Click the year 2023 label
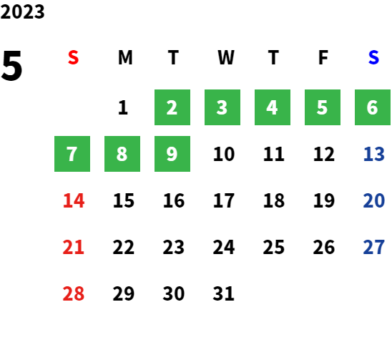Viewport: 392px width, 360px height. tap(22, 11)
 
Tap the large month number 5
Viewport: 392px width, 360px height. tap(11, 66)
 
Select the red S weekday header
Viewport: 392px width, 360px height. tap(73, 57)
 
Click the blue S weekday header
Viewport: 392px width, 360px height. tap(373, 57)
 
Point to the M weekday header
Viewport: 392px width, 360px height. tap(125, 57)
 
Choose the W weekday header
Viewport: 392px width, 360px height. tap(226, 57)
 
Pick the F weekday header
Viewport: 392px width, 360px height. tap(323, 57)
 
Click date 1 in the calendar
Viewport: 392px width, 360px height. tap(123, 107)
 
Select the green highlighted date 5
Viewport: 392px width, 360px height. tap(323, 107)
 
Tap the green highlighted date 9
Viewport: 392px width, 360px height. tap(172, 154)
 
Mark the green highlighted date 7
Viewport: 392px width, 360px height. tap(72, 154)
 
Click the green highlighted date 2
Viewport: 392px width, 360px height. tap(172, 107)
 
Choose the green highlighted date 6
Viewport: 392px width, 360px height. tap(373, 107)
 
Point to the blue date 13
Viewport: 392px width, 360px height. tap(373, 154)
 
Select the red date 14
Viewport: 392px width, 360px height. tap(74, 200)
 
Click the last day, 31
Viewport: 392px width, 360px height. tap(223, 293)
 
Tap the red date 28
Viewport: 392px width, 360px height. tap(73, 293)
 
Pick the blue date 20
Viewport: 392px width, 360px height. tap(373, 200)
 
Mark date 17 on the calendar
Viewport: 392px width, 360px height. tap(224, 200)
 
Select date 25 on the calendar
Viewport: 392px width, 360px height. tap(273, 247)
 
